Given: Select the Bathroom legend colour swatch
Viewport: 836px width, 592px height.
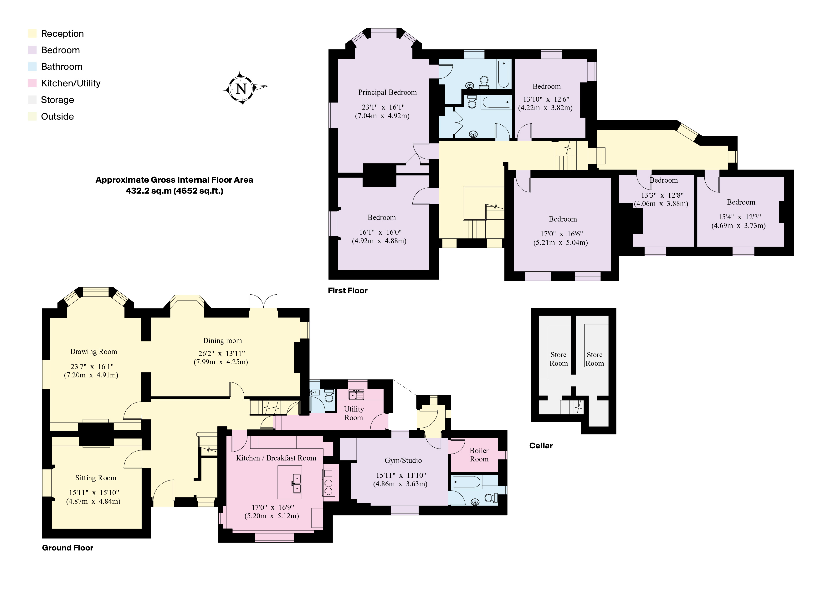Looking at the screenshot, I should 32,67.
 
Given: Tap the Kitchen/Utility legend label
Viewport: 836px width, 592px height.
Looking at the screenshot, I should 70,84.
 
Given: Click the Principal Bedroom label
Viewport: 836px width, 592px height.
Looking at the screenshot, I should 387,92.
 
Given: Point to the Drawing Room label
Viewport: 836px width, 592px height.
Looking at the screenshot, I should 94,352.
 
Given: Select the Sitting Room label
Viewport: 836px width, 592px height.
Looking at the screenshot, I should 96,478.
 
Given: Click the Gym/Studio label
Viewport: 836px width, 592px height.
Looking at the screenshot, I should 403,460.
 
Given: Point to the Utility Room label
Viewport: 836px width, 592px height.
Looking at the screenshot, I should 354,413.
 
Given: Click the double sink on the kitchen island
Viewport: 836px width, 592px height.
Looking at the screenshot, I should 297,483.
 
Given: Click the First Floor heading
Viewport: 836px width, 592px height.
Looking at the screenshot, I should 347,291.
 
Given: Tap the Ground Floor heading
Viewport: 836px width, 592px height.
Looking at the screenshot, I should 67,548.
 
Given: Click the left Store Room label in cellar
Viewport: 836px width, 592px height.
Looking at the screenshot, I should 558,359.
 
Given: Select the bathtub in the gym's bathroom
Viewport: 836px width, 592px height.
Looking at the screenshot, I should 467,482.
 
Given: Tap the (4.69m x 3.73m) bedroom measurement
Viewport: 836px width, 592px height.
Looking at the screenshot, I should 739,226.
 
